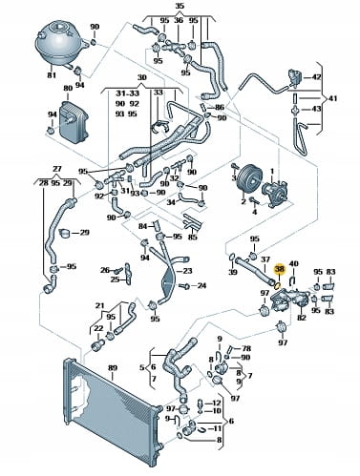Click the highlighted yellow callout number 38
(x=280, y=270)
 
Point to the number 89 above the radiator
(x=113, y=367)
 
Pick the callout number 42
(x=316, y=76)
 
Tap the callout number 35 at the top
(x=180, y=6)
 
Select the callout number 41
(x=331, y=98)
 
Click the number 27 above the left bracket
(x=56, y=169)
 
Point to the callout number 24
(x=201, y=285)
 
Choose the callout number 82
(x=301, y=318)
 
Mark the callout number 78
(x=246, y=348)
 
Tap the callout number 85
(x=192, y=237)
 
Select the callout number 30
(x=141, y=77)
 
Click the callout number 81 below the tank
(x=52, y=75)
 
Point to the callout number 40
(x=293, y=264)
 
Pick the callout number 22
(x=98, y=328)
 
